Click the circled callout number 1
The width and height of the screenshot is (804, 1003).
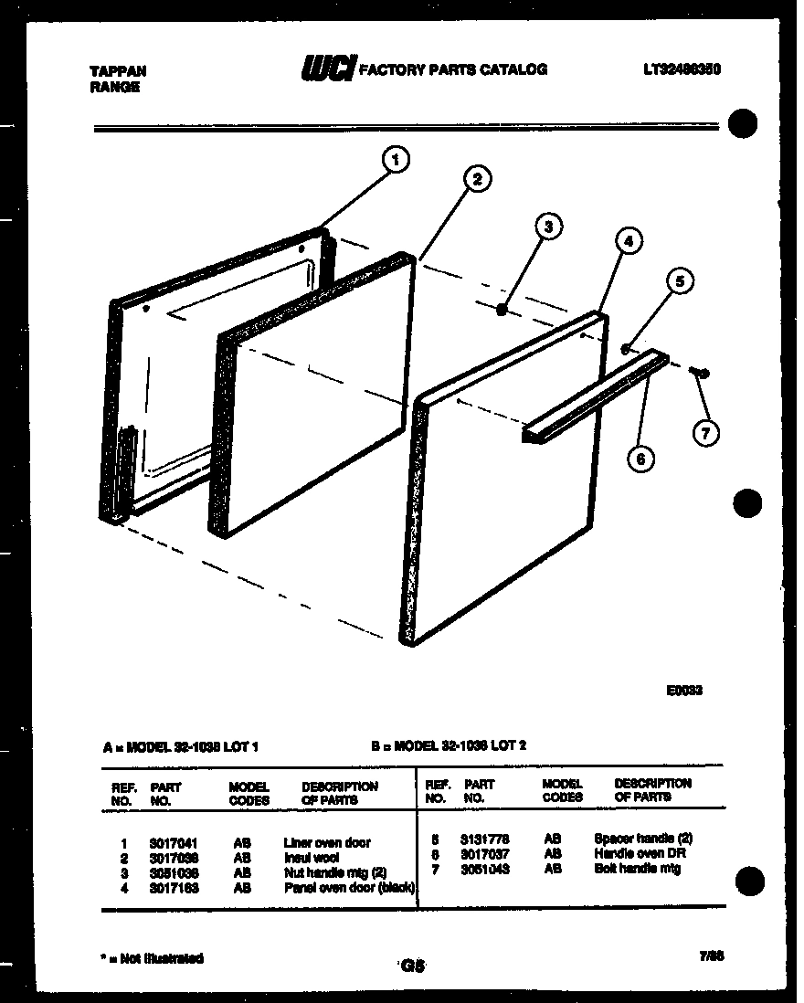(x=395, y=161)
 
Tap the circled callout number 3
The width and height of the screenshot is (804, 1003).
(x=548, y=227)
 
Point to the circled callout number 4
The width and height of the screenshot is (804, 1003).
(x=627, y=242)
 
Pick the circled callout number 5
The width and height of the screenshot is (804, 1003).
(x=679, y=281)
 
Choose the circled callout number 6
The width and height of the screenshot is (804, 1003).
(x=640, y=459)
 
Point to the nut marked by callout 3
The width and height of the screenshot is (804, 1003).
(x=502, y=311)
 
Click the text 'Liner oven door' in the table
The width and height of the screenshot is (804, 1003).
(x=327, y=842)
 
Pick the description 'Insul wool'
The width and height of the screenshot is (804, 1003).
(x=312, y=858)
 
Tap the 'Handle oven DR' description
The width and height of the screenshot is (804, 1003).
(x=640, y=853)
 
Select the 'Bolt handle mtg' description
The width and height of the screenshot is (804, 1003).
(x=637, y=869)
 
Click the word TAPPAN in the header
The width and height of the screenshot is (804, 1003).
(x=119, y=70)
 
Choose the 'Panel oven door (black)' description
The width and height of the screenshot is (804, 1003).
(x=350, y=887)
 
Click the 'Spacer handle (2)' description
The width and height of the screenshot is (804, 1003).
(x=643, y=838)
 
